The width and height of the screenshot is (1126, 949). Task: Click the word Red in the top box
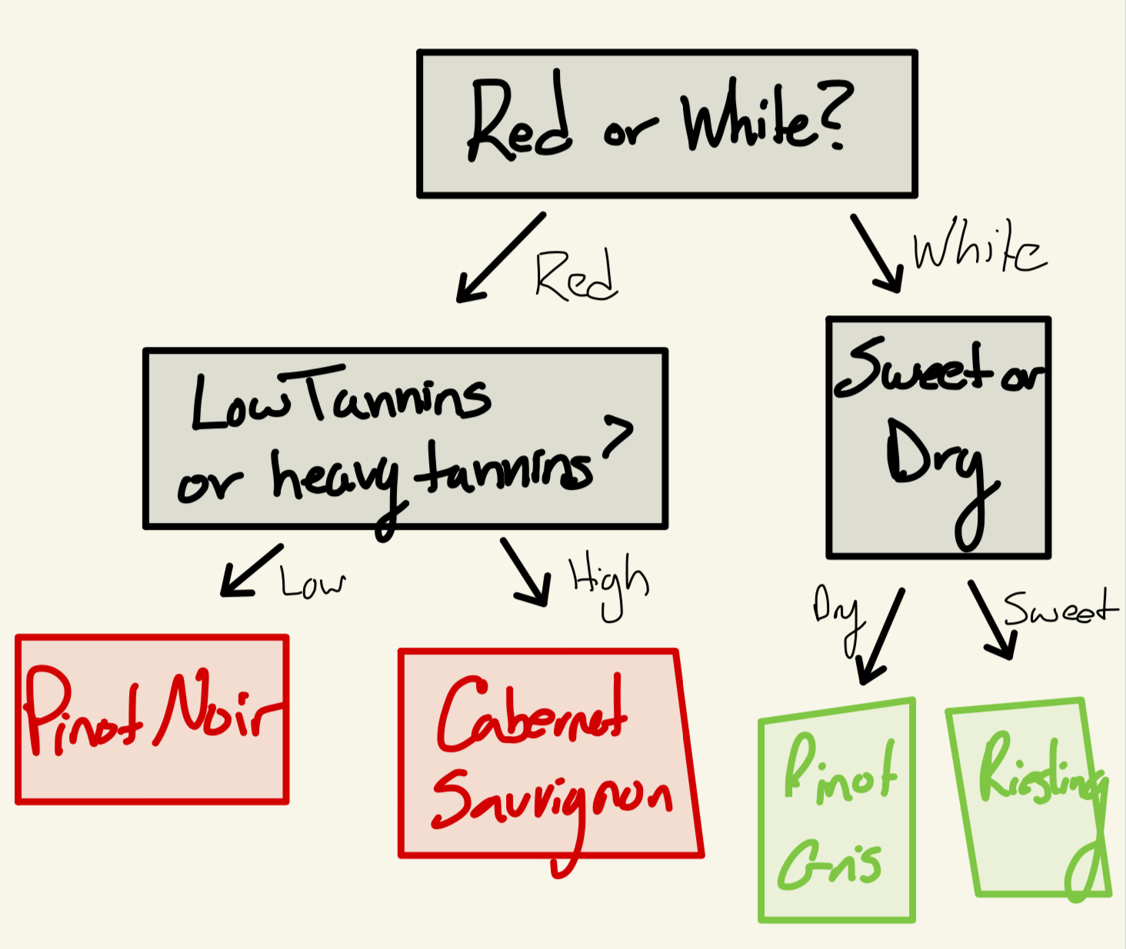tap(519, 123)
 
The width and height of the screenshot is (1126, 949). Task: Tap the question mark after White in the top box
tap(831, 115)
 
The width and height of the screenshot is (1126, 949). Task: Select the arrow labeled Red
tap(500, 258)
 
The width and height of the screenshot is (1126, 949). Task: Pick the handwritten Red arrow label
tap(575, 275)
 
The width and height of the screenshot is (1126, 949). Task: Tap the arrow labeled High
tap(527, 572)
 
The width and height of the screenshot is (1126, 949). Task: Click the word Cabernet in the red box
tap(531, 715)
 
